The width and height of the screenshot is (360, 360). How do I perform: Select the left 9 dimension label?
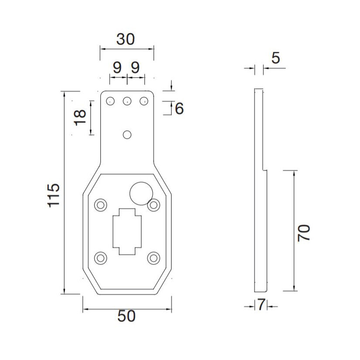[x=117, y=68]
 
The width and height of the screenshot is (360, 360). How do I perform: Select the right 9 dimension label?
[x=135, y=68]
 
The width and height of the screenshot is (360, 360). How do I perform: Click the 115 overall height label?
[x=53, y=195]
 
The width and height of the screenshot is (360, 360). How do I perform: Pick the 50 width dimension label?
[x=127, y=316]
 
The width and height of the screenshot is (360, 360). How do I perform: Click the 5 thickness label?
[x=275, y=58]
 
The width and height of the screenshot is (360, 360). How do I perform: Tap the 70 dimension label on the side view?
[x=304, y=233]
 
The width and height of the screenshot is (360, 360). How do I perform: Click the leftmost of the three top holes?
[x=110, y=101]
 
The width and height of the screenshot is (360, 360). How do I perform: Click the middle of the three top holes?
[x=127, y=101]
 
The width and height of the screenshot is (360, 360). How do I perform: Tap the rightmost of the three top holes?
[x=143, y=101]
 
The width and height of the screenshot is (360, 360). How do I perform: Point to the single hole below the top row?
[x=127, y=134]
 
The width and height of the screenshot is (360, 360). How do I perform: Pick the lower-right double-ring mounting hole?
[x=153, y=258]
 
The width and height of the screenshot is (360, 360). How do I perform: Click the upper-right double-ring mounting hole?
[x=153, y=204]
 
